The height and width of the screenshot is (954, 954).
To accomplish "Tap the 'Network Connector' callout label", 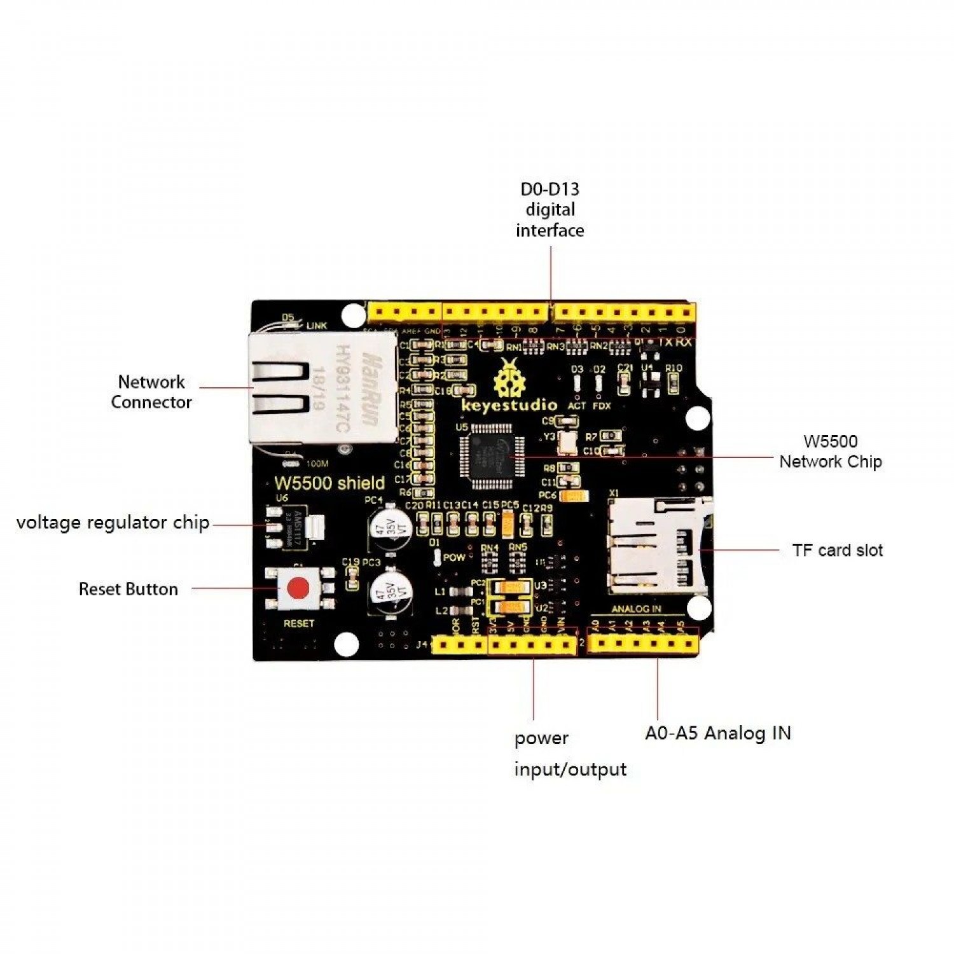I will [x=151, y=392].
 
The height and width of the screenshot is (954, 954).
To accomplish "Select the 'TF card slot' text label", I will [x=837, y=550].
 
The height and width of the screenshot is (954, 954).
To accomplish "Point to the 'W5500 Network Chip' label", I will [x=830, y=452].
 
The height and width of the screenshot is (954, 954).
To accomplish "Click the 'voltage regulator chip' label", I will [x=113, y=523].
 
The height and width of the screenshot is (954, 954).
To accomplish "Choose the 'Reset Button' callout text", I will [x=128, y=589].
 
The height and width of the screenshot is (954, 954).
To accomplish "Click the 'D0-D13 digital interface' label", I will [x=550, y=210].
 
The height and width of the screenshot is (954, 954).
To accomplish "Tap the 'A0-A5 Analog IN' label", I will [x=718, y=733].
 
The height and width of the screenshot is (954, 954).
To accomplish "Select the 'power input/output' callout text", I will [x=570, y=754].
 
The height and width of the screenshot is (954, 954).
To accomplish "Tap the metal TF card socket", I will [x=655, y=545].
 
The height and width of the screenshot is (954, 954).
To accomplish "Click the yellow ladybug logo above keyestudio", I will [x=509, y=378].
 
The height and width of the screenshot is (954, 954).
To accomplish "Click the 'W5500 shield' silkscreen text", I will [x=329, y=483].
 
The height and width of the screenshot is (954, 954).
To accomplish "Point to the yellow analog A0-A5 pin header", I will [x=643, y=644].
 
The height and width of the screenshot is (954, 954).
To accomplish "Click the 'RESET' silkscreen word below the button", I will [x=299, y=623].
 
